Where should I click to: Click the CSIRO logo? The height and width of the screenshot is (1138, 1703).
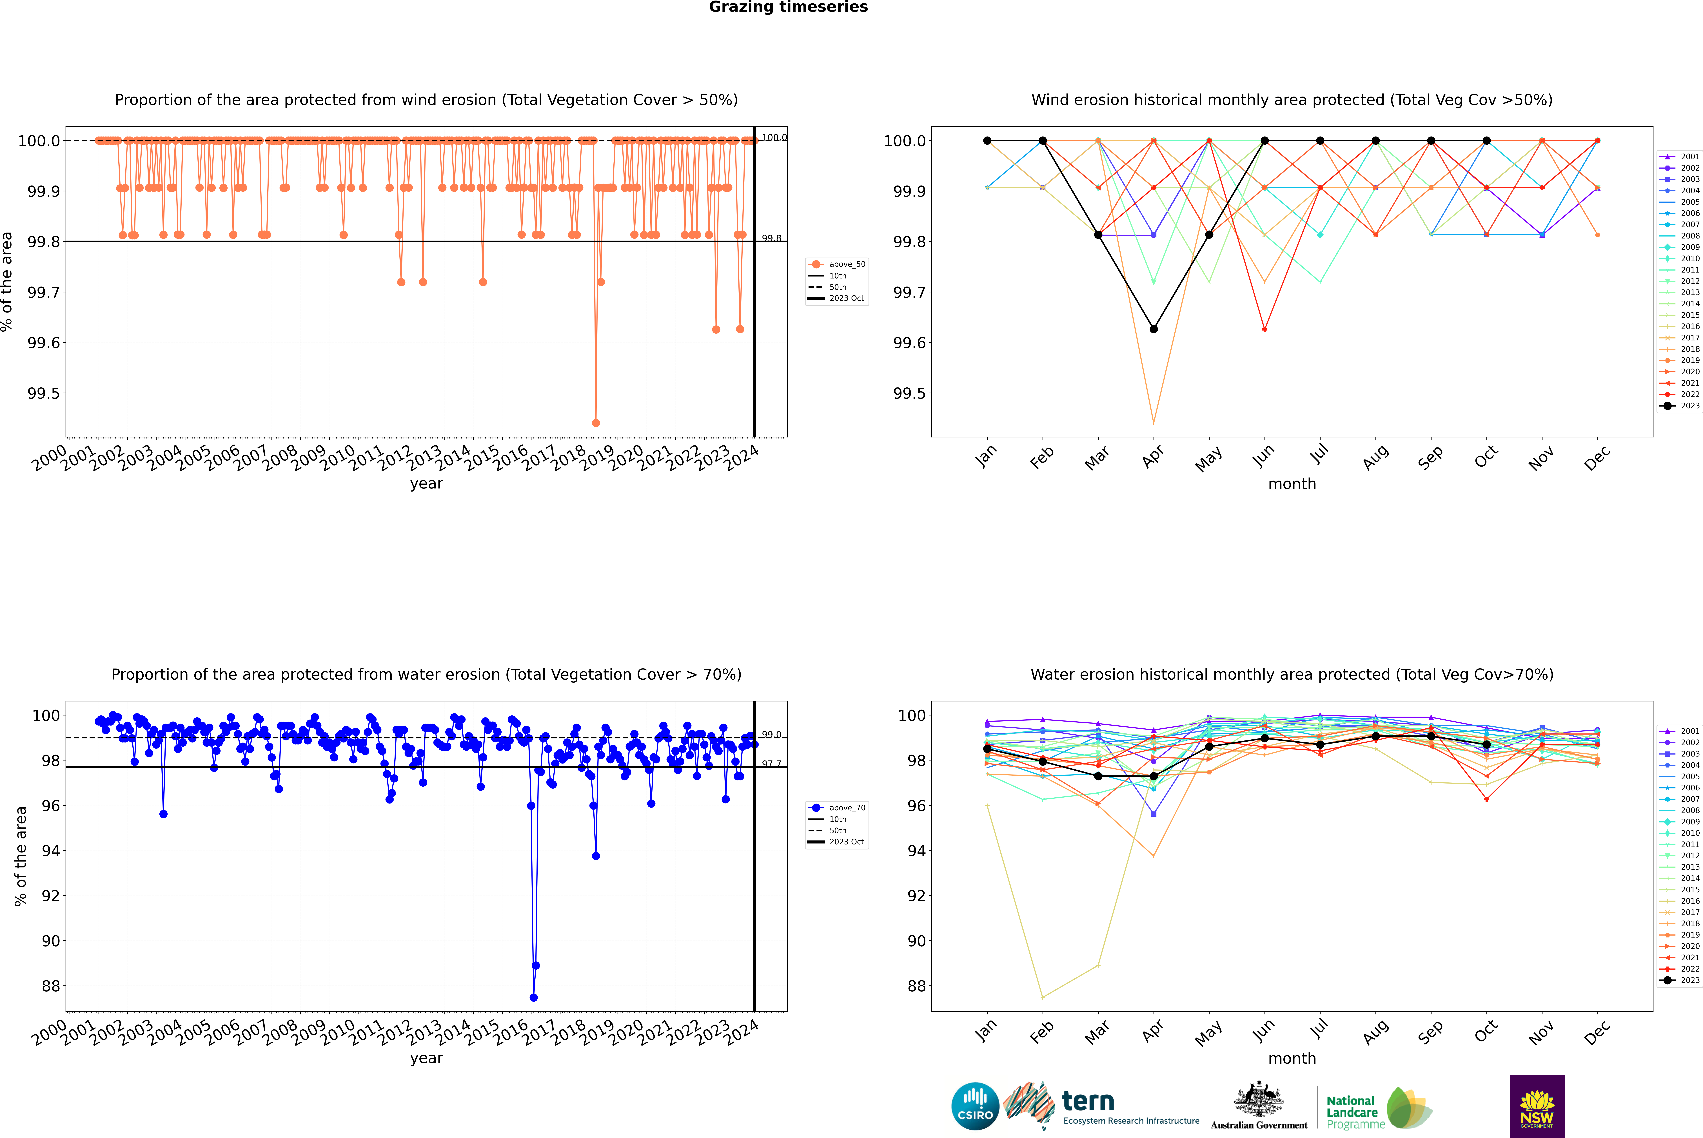click(975, 1106)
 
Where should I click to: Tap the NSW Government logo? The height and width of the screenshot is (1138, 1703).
click(1537, 1106)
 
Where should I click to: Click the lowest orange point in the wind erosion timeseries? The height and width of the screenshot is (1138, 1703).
click(596, 423)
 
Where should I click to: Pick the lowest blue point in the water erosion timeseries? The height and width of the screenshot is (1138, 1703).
click(534, 997)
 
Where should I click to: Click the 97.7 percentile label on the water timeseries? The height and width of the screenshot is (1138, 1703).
click(771, 764)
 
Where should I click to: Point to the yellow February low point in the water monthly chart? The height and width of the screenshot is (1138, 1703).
click(1042, 997)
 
